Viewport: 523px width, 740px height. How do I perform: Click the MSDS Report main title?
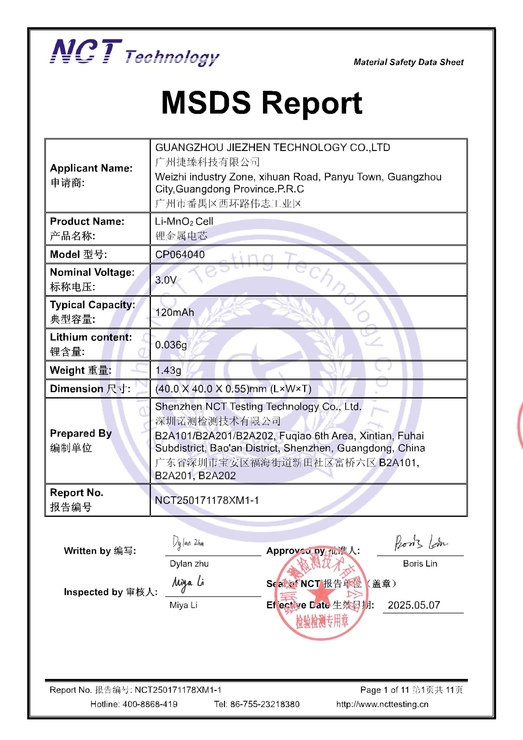[x=261, y=103]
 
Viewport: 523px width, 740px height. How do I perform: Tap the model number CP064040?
[x=180, y=255]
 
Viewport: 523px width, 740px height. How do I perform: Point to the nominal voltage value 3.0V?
[x=166, y=280]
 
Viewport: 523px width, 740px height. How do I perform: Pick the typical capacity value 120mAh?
[x=175, y=312]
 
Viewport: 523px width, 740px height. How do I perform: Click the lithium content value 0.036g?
[x=171, y=345]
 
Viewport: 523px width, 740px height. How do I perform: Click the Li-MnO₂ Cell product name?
[x=184, y=221]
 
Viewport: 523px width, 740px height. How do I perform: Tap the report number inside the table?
[x=207, y=500]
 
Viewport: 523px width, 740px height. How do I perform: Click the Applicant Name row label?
[x=91, y=168]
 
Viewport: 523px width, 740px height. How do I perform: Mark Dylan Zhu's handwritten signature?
[x=188, y=543]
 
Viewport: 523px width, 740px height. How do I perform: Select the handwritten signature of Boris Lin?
[x=421, y=543]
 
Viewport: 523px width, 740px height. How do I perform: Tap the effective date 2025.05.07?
[x=414, y=605]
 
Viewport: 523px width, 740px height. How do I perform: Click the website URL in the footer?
[x=382, y=704]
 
